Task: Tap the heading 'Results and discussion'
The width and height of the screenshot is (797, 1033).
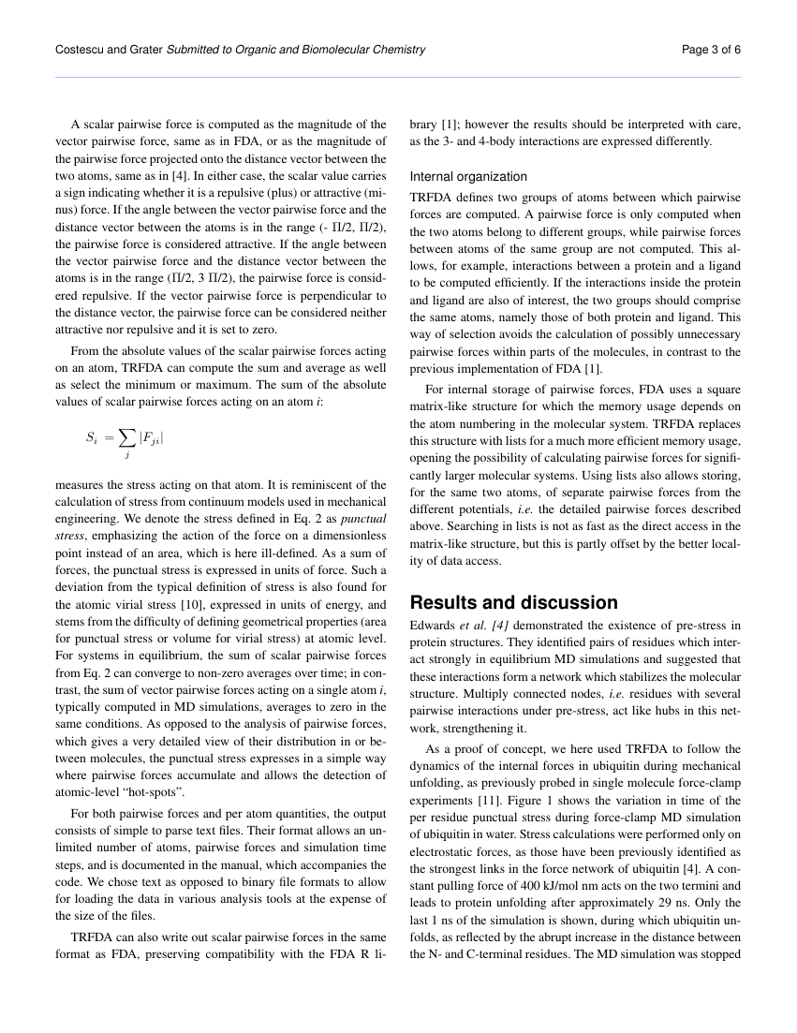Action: pos(514,602)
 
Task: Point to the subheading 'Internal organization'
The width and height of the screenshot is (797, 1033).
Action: pos(468,176)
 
